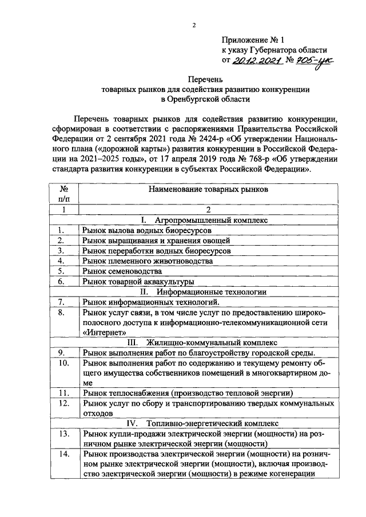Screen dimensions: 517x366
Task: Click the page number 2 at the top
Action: (194, 25)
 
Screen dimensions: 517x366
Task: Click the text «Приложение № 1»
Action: (252, 41)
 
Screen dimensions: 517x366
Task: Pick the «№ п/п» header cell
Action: (64, 193)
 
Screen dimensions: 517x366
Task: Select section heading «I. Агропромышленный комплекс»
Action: (205, 219)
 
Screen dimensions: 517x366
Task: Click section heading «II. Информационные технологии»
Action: (205, 291)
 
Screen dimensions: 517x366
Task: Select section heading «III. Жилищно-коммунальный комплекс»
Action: (205, 342)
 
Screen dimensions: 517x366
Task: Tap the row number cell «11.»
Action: (64, 393)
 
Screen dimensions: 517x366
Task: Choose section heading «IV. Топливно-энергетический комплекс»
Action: (205, 424)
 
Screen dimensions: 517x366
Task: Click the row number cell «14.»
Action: (64, 454)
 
